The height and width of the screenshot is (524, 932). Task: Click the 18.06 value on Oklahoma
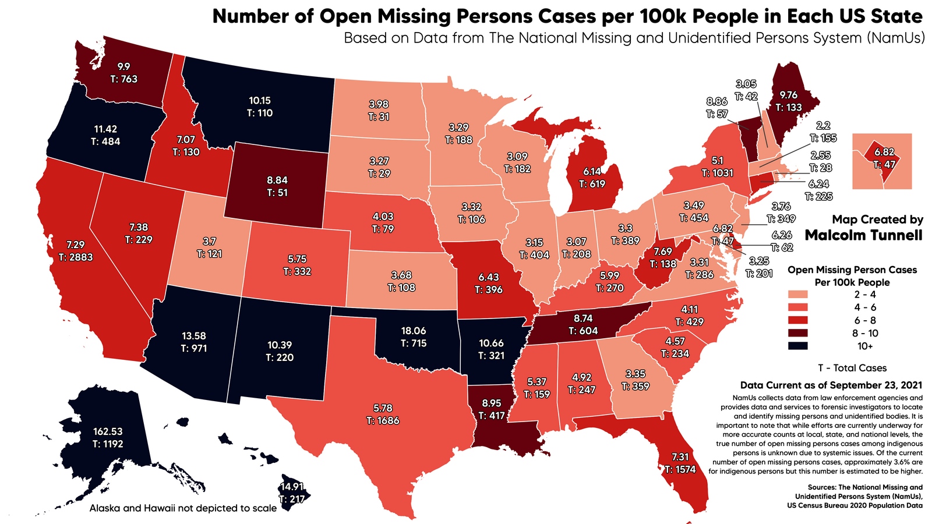pos(414,331)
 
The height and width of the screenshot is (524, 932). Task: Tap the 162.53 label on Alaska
pos(108,431)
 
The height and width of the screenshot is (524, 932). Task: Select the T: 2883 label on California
pos(75,257)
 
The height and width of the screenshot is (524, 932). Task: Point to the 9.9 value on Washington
pos(123,66)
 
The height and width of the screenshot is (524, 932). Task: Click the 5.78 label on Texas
pos(383,408)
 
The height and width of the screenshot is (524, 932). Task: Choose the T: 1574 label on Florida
pos(680,469)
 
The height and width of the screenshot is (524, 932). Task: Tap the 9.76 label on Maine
pos(789,95)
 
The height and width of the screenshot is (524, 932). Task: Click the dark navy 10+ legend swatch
pos(798,346)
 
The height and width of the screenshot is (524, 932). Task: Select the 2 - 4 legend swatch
pos(798,295)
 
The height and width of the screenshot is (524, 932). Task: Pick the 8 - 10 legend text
pos(865,333)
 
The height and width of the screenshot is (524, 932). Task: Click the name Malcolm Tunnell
pos(863,235)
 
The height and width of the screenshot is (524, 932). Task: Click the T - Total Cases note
pos(852,368)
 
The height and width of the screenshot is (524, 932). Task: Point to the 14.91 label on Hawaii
pos(291,487)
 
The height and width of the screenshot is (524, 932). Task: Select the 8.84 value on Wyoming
pos(277,180)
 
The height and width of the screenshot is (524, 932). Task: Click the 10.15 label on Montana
pos(259,101)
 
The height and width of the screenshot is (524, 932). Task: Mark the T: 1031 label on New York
pos(717,173)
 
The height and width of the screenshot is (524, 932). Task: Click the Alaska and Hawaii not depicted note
pos(183,508)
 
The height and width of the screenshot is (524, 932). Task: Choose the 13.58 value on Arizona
pos(193,336)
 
